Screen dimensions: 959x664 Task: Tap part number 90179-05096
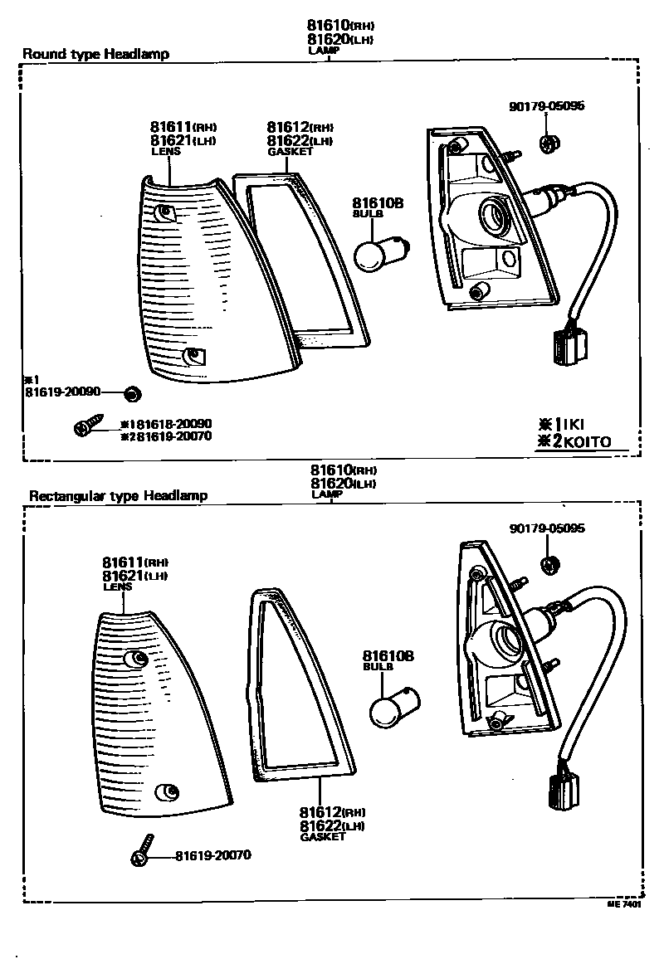[547, 106]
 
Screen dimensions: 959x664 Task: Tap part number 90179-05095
[548, 528]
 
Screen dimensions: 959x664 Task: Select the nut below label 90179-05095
[548, 566]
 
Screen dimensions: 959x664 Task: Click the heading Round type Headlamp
[95, 54]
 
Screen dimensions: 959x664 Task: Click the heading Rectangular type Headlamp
[118, 496]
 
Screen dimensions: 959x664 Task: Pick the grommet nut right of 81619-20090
[131, 392]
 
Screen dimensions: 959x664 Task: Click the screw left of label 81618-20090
[85, 426]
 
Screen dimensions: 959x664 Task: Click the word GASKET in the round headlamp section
[290, 152]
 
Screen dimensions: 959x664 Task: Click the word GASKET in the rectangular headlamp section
[323, 838]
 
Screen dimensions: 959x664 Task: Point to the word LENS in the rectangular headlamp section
[117, 586]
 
